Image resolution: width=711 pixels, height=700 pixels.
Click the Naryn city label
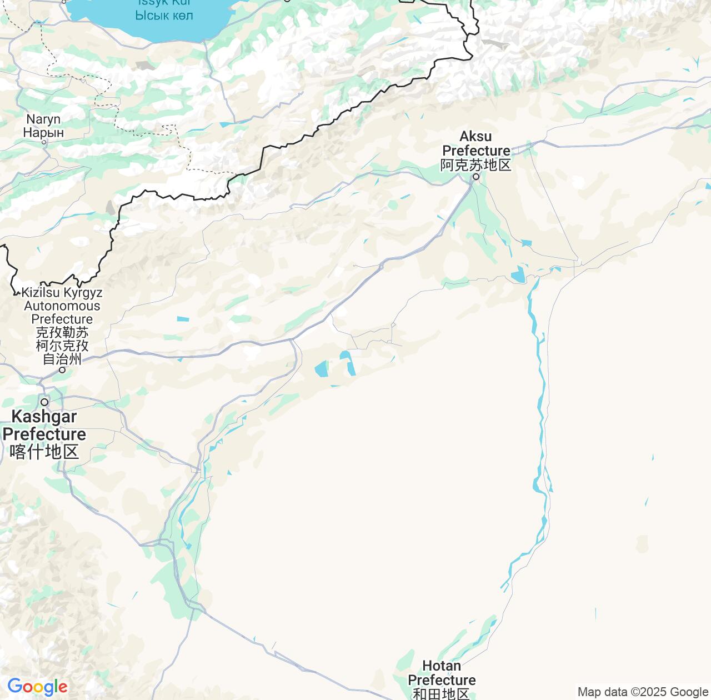click(x=43, y=119)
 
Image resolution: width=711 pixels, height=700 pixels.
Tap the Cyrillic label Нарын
click(x=43, y=133)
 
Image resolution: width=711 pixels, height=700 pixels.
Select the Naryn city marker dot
click(x=44, y=142)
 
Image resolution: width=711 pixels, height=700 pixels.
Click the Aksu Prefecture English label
click(x=476, y=143)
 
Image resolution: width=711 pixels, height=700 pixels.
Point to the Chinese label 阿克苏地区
click(x=475, y=165)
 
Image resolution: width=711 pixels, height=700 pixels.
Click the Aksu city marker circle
click(x=475, y=177)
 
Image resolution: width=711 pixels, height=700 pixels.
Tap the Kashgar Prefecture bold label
click(x=44, y=425)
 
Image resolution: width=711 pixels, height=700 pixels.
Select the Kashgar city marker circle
click(x=44, y=402)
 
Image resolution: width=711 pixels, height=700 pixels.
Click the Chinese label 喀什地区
click(x=44, y=452)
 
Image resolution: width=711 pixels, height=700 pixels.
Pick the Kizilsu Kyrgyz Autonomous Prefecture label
click(x=62, y=306)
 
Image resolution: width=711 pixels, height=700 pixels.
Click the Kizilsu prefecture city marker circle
click(x=62, y=370)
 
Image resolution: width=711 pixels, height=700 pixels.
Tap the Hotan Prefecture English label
click(x=442, y=673)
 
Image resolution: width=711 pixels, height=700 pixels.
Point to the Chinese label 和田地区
click(x=442, y=694)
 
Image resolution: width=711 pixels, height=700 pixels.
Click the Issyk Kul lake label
click(x=163, y=3)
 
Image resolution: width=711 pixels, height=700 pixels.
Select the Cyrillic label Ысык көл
click(x=164, y=15)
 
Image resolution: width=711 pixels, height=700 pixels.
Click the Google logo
click(x=37, y=687)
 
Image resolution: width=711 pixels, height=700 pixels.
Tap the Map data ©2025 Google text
click(x=643, y=692)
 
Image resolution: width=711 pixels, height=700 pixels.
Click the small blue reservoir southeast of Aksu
click(x=518, y=274)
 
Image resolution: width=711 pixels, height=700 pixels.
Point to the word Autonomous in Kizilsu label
click(x=62, y=306)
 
